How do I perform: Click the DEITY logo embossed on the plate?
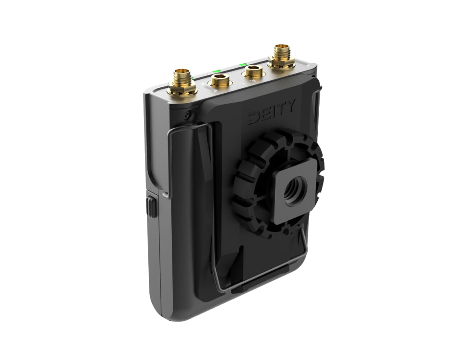pyautogui.click(x=272, y=112)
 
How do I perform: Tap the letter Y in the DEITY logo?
pyautogui.click(x=290, y=106)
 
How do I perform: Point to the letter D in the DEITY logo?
pyautogui.click(x=254, y=118)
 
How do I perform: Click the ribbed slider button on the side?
pyautogui.click(x=152, y=206)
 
